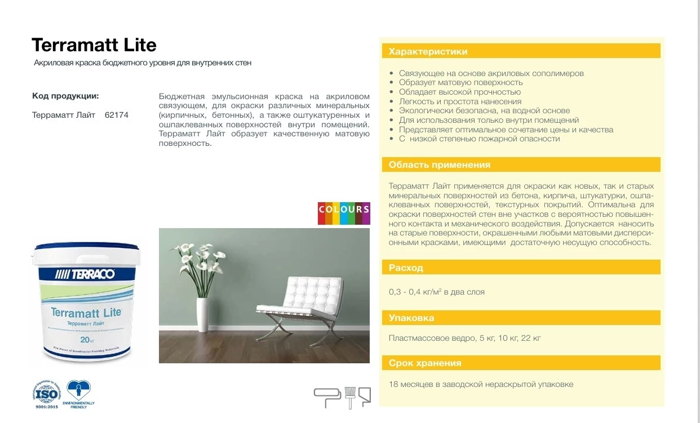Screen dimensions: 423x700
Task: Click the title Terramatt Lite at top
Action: [x=94, y=44]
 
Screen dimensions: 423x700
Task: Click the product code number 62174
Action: [x=117, y=115]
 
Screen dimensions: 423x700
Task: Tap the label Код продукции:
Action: [x=65, y=96]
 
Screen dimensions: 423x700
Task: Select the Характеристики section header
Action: [x=428, y=52]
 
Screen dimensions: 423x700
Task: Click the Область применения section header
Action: [x=440, y=165]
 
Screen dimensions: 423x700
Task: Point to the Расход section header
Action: [x=406, y=268]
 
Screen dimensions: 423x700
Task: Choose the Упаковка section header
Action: [x=411, y=318]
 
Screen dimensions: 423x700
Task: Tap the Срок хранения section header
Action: [x=425, y=363]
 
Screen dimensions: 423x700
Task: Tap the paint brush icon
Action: [x=350, y=397]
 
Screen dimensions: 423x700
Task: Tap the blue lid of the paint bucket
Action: [x=87, y=248]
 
